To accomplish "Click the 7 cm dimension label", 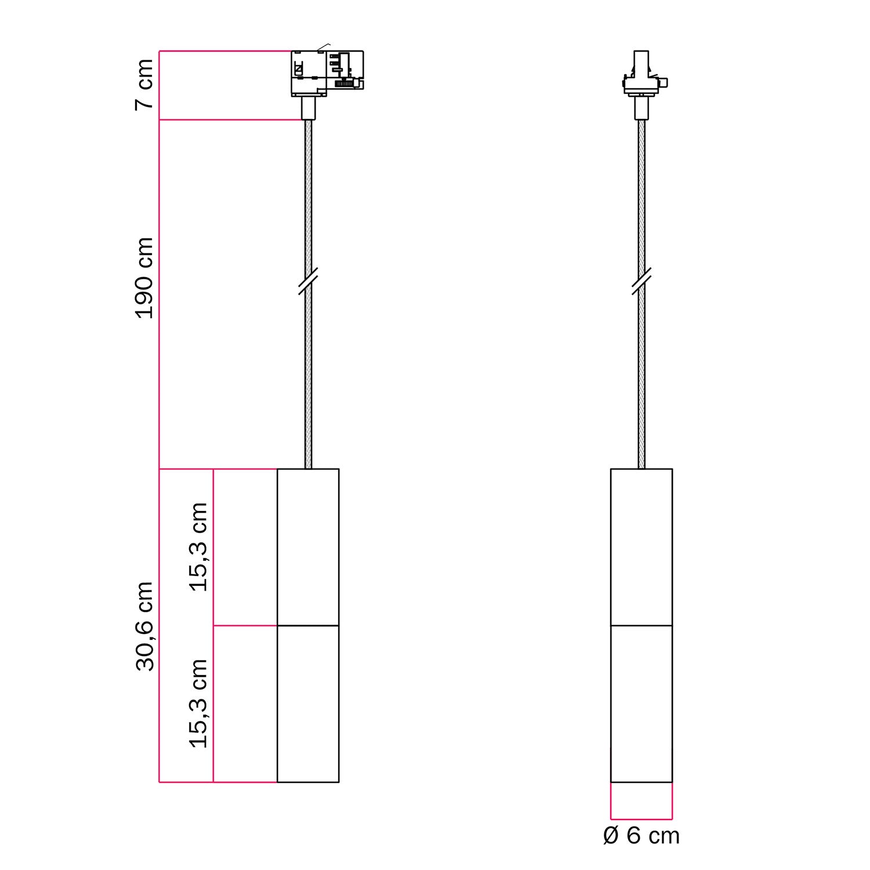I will tap(144, 84).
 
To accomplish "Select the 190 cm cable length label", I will tap(144, 278).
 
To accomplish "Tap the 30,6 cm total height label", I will tap(144, 626).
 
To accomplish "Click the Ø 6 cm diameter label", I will tap(641, 836).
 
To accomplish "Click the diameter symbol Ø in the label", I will tap(612, 836).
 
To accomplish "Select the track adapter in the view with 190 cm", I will tap(327, 72).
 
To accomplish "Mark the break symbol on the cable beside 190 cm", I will tap(308, 281).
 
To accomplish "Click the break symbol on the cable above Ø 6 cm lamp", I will tap(641, 281).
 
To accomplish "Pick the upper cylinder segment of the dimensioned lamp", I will tap(308, 547).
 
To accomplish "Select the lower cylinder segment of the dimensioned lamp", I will tap(308, 704).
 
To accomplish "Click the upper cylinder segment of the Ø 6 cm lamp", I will tap(641, 547).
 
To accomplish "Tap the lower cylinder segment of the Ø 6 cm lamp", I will tap(641, 704).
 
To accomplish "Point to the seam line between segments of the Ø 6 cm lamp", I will tap(641, 626).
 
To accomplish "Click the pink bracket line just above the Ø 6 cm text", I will tap(641, 819).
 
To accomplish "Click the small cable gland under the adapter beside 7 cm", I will tap(308, 108).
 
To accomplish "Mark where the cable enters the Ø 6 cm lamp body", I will tap(641, 468).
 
